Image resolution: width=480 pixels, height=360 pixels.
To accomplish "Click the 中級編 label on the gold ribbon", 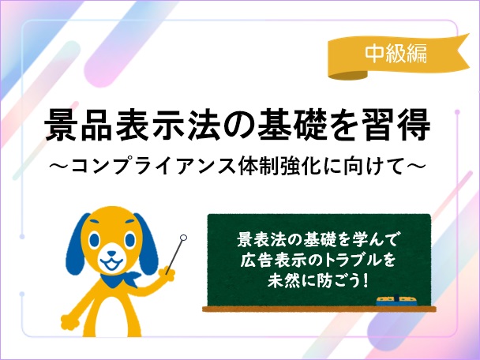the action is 396,54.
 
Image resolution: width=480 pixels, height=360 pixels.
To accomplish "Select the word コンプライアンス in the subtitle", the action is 154,167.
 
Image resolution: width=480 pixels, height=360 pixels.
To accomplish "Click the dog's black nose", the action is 112,254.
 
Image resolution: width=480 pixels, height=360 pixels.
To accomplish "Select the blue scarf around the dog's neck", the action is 119,279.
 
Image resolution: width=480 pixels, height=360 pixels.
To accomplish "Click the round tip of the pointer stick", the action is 183,238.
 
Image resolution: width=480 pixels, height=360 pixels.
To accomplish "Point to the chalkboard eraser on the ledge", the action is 397,301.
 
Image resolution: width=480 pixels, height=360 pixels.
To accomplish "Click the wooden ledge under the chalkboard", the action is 319,309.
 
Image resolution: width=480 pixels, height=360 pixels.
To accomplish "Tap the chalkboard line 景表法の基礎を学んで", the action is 317,240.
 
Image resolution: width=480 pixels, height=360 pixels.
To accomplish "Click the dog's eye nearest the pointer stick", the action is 130,239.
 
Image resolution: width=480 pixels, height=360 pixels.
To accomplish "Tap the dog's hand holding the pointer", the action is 167,273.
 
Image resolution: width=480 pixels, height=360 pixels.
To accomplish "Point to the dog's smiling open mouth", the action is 112,264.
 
